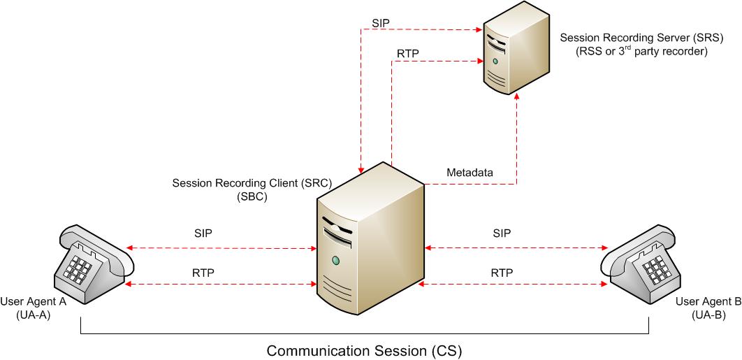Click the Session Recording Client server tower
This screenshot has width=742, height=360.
point(370,238)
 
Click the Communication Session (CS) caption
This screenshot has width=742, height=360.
point(364,349)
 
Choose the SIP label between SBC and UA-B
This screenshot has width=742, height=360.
point(502,232)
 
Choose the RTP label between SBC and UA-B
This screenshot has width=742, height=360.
point(502,273)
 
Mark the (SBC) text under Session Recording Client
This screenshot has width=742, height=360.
point(252,197)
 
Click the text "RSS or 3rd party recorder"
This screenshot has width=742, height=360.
point(641,52)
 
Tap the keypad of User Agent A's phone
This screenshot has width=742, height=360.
point(80,265)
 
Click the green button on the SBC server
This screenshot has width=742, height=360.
point(336,261)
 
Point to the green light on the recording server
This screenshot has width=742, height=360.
point(495,62)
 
